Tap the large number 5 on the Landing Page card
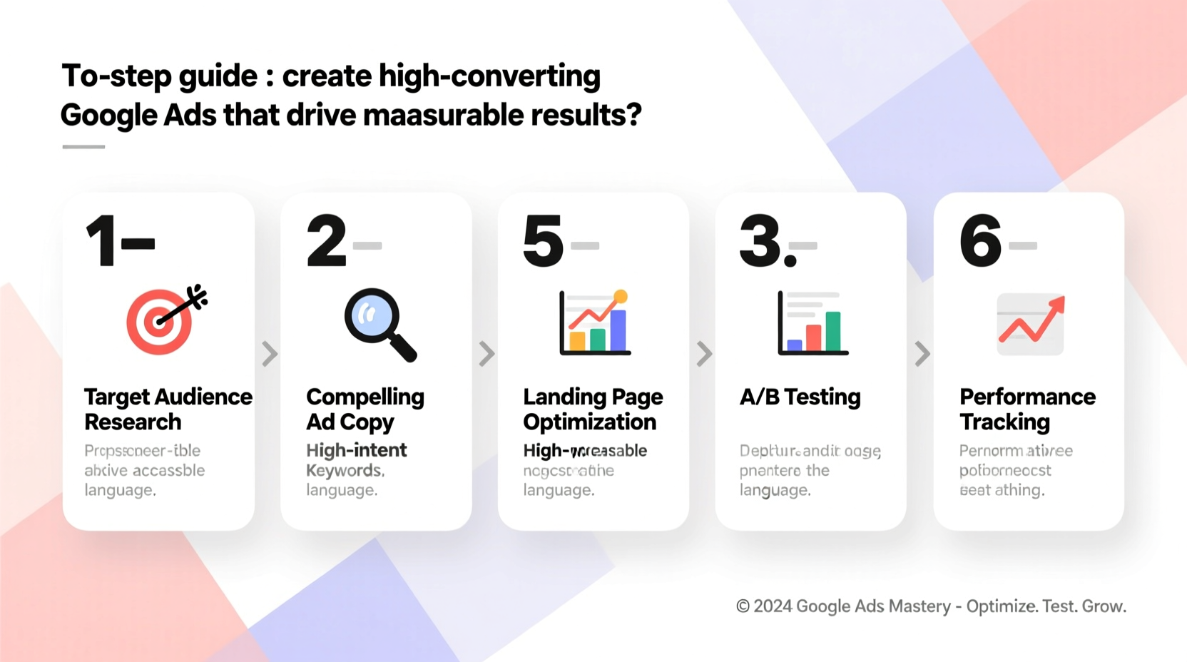click(x=543, y=241)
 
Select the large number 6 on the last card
click(x=980, y=241)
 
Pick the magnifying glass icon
click(x=378, y=323)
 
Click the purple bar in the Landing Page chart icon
click(x=618, y=330)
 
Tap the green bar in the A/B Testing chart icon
click(x=832, y=331)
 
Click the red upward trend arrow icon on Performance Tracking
click(x=1031, y=321)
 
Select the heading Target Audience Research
click(x=168, y=409)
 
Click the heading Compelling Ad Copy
click(x=365, y=409)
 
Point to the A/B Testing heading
click(x=800, y=397)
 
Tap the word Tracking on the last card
click(x=1004, y=422)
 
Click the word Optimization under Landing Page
click(x=589, y=422)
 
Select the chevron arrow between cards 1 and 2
click(x=269, y=353)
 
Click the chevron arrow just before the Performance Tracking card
click(x=922, y=353)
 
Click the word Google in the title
click(x=107, y=116)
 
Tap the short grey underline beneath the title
click(x=83, y=147)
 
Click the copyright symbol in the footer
click(x=743, y=606)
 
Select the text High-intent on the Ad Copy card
click(x=356, y=450)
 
